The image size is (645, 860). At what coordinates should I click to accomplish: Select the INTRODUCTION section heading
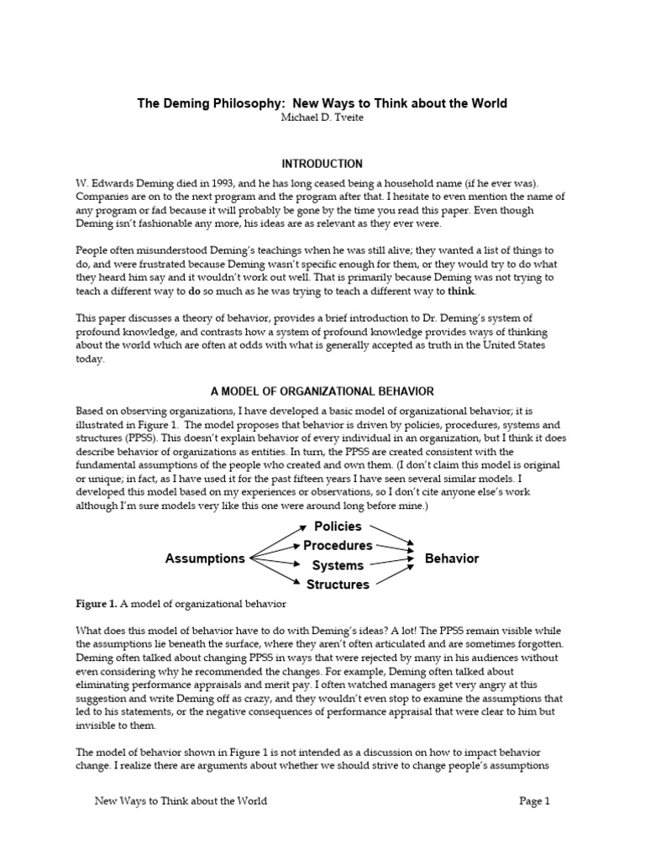(x=322, y=163)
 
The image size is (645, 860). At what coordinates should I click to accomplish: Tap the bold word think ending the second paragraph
(x=462, y=291)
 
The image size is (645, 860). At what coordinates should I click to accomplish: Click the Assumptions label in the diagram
(x=205, y=558)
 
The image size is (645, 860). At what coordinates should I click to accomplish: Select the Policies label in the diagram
(x=338, y=527)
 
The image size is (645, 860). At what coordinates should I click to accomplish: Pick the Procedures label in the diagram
(x=338, y=546)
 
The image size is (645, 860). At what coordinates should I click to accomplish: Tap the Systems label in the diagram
(x=338, y=565)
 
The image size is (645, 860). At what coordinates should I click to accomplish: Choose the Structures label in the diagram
(x=338, y=585)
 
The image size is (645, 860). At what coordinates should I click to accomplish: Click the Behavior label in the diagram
(x=452, y=558)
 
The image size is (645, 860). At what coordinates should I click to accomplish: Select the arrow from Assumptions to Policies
(x=277, y=542)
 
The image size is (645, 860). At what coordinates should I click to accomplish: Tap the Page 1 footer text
(x=534, y=801)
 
